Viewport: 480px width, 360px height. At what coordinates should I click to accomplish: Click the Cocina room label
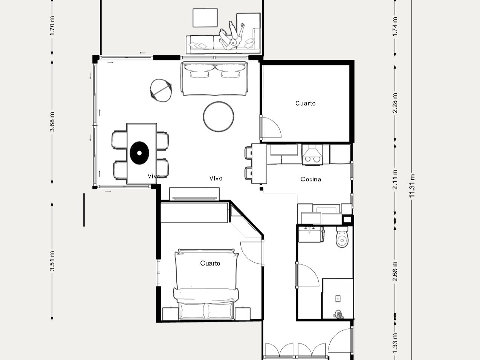coord(311,179)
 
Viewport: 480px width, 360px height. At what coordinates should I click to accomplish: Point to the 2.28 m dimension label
coord(395,103)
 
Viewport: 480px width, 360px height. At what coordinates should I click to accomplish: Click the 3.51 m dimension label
coord(52,261)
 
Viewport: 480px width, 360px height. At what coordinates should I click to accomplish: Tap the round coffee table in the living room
coord(219,116)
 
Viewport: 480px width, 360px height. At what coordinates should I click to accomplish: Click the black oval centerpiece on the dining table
coord(139,153)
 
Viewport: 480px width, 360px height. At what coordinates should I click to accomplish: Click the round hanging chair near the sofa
coord(161,90)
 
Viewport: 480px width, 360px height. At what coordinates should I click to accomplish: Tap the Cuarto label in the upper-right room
coord(305,103)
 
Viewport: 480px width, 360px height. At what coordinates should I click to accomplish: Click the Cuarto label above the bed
coord(210,263)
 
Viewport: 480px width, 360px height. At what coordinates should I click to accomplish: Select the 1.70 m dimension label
coord(52,27)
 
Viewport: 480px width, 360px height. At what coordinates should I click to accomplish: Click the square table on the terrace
coord(205,18)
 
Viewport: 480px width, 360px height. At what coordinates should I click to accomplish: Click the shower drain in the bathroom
coord(338,299)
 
